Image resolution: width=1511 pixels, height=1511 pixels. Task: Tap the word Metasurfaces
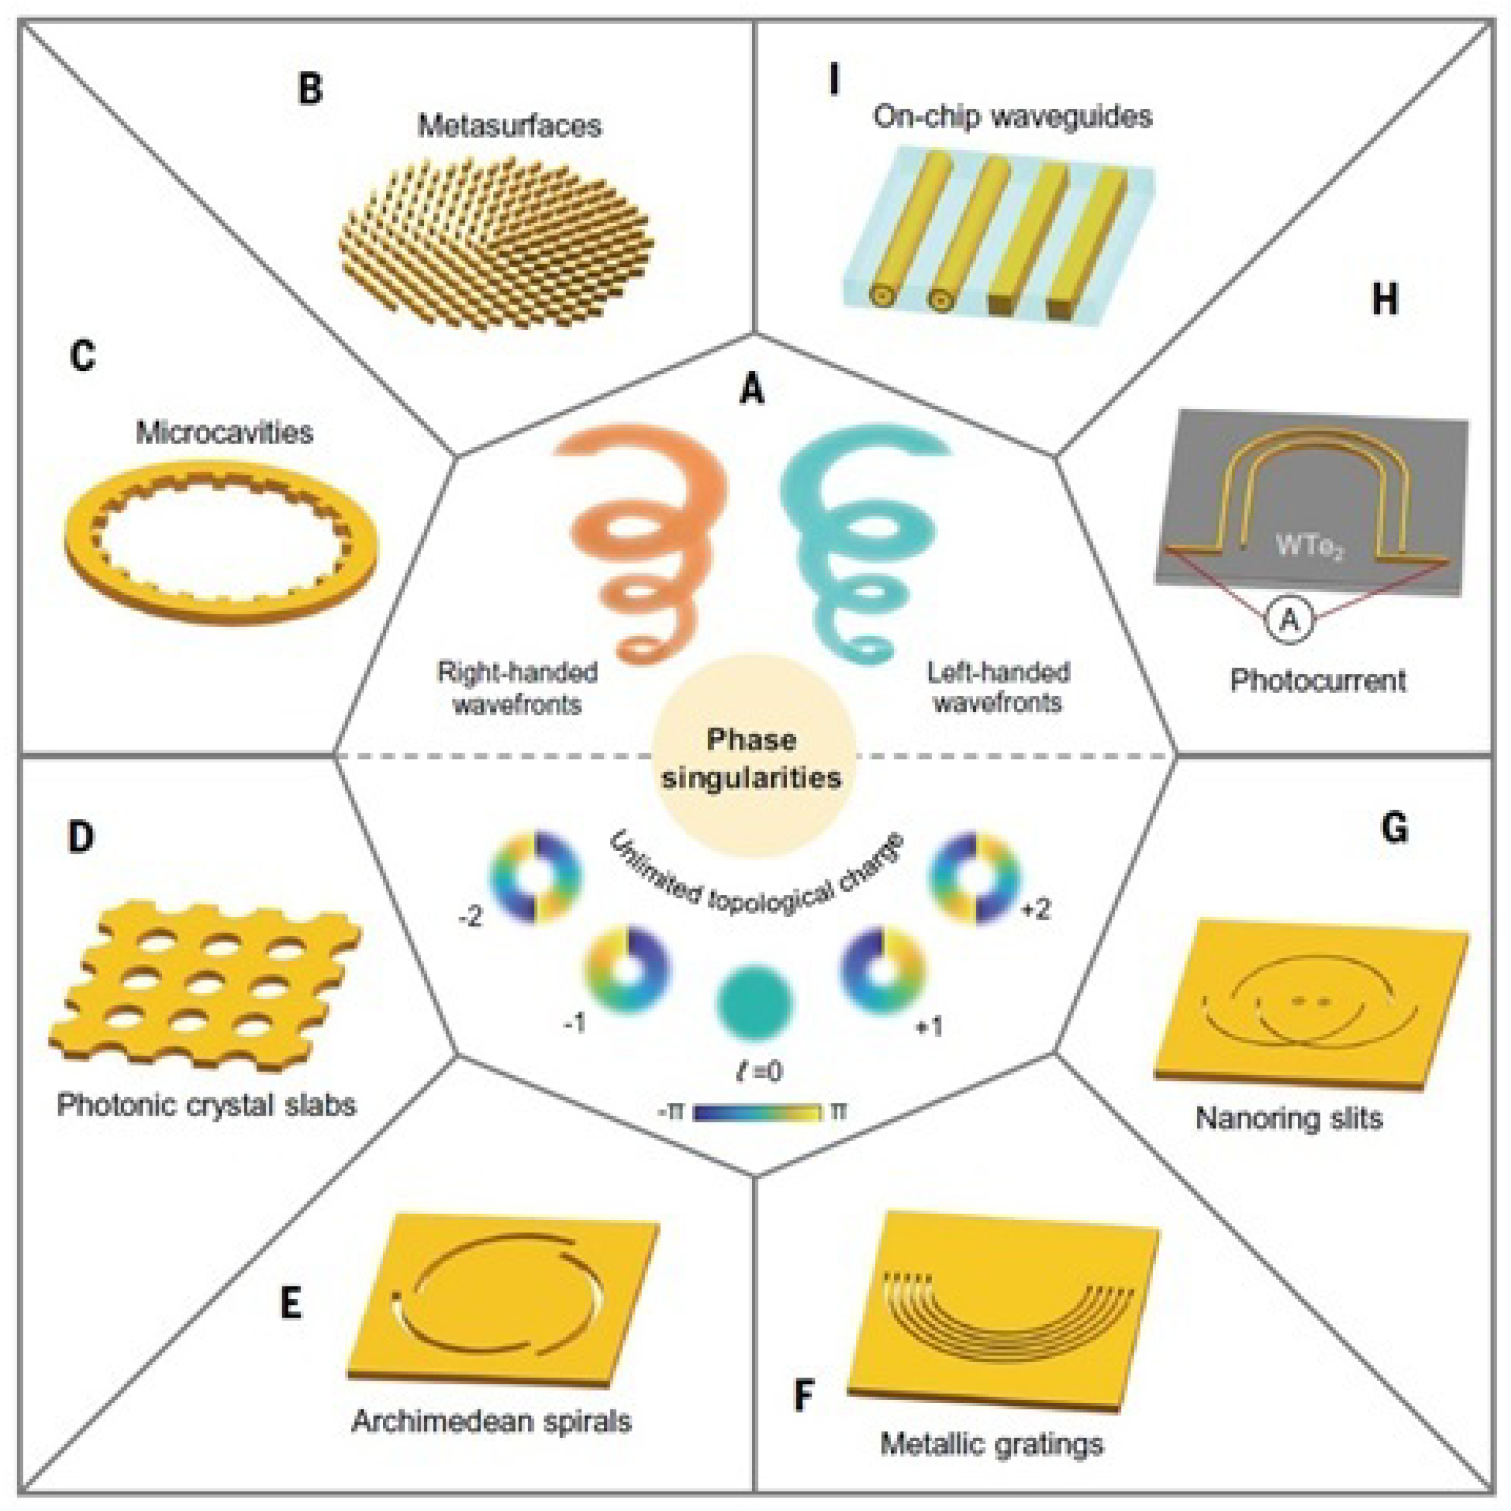509,126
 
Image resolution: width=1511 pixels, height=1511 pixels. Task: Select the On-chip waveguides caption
1012,117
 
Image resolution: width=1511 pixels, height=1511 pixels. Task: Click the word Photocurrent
1318,681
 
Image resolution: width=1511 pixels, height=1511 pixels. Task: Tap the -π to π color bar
756,1111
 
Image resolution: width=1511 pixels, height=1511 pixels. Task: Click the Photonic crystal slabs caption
207,1105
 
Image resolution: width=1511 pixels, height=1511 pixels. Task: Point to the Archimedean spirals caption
491,1420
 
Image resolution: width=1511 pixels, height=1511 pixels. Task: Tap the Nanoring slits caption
1289,1118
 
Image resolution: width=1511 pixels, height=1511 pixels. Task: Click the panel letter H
1384,301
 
